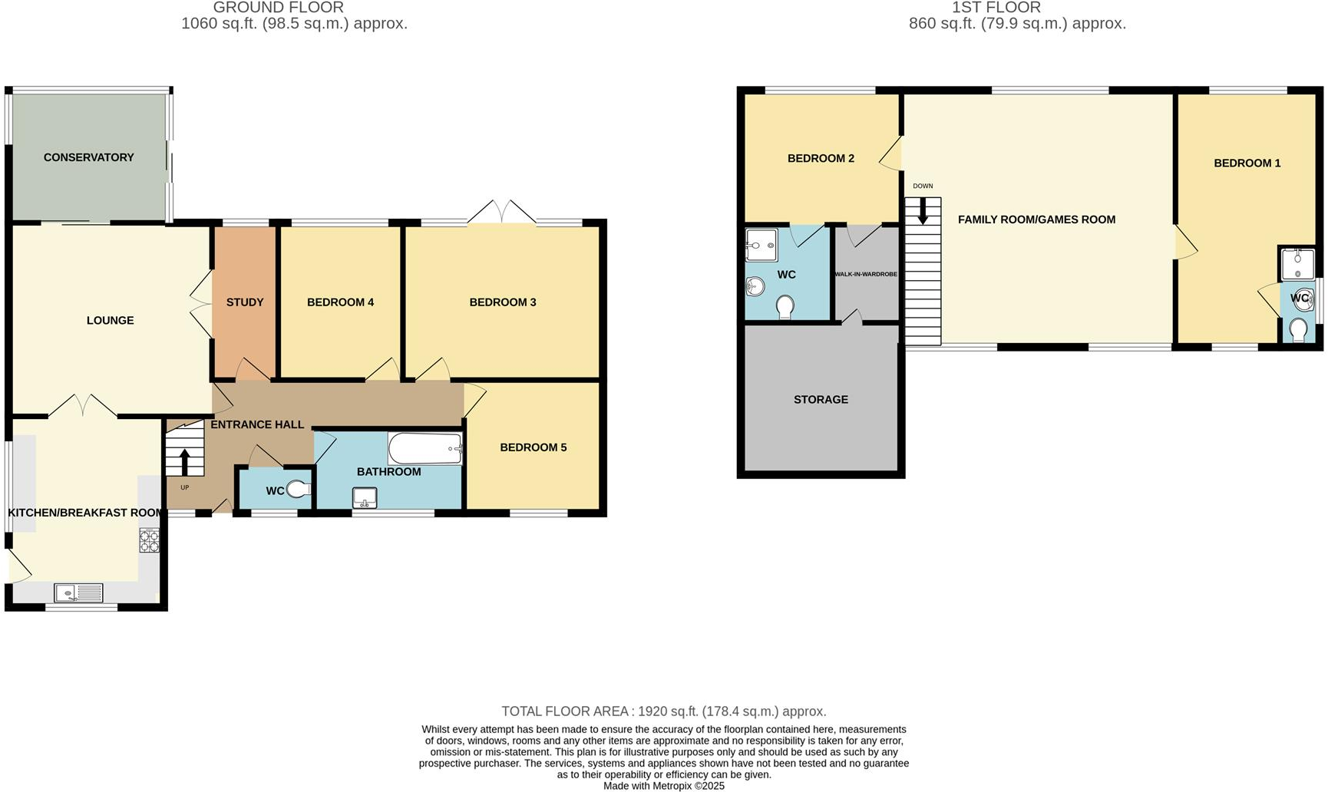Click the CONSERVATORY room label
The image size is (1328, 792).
coord(88,157)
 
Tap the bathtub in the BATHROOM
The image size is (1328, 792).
coord(424,449)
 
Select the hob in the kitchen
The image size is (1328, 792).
coord(149,540)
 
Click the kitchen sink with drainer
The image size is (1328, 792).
coord(78,592)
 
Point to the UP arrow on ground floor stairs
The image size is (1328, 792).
coord(185,462)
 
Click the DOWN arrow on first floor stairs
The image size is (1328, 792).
coord(923,211)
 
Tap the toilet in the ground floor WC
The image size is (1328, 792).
coord(298,489)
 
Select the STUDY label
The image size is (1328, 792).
coord(245,302)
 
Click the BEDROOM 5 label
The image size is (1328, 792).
coord(533,447)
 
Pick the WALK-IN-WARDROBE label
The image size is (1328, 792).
coord(866,274)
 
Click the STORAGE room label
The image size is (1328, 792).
coord(821,400)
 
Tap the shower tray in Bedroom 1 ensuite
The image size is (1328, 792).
coord(1297,264)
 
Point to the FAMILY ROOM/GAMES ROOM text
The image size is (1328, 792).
coord(1036,219)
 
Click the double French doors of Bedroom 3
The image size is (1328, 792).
coord(501,213)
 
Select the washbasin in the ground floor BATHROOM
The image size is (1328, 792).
coord(365,498)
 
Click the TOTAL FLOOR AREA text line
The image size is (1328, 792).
coord(663,711)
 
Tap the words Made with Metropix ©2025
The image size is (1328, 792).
coord(663,785)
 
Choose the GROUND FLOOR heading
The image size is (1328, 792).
coord(278,8)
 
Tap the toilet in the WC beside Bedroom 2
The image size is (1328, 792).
coord(785,307)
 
